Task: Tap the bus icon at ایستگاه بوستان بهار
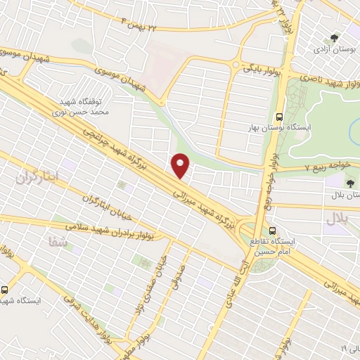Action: click(x=280, y=117)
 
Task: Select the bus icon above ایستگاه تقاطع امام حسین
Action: click(x=272, y=231)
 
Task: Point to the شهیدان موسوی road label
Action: click(x=28, y=56)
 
